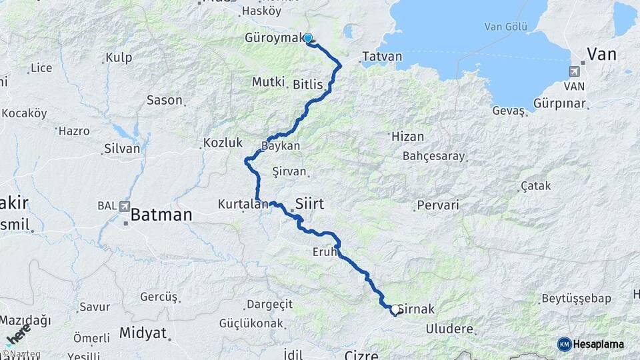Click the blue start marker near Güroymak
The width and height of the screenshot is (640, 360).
(x=308, y=38)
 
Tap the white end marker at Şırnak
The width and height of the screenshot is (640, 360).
(x=395, y=309)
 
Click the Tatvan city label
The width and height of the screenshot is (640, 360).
(x=383, y=57)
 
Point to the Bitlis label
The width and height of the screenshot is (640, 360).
(x=307, y=85)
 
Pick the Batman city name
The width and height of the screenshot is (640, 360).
(x=161, y=215)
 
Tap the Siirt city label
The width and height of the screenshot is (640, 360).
(x=309, y=204)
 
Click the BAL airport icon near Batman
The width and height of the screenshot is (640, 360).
(x=125, y=207)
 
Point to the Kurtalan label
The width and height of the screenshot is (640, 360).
(x=243, y=204)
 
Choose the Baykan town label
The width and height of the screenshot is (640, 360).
(x=281, y=145)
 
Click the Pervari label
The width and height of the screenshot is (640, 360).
(x=438, y=205)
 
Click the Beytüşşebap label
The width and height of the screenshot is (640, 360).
(x=576, y=298)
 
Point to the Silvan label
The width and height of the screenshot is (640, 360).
(x=122, y=149)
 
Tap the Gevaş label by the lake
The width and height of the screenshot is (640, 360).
(x=509, y=111)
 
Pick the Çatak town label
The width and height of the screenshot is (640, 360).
(x=536, y=186)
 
